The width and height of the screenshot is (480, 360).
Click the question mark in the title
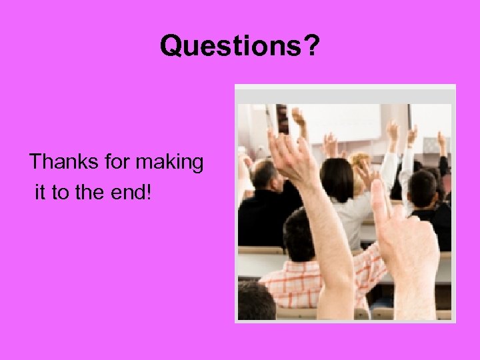(x=312, y=45)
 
